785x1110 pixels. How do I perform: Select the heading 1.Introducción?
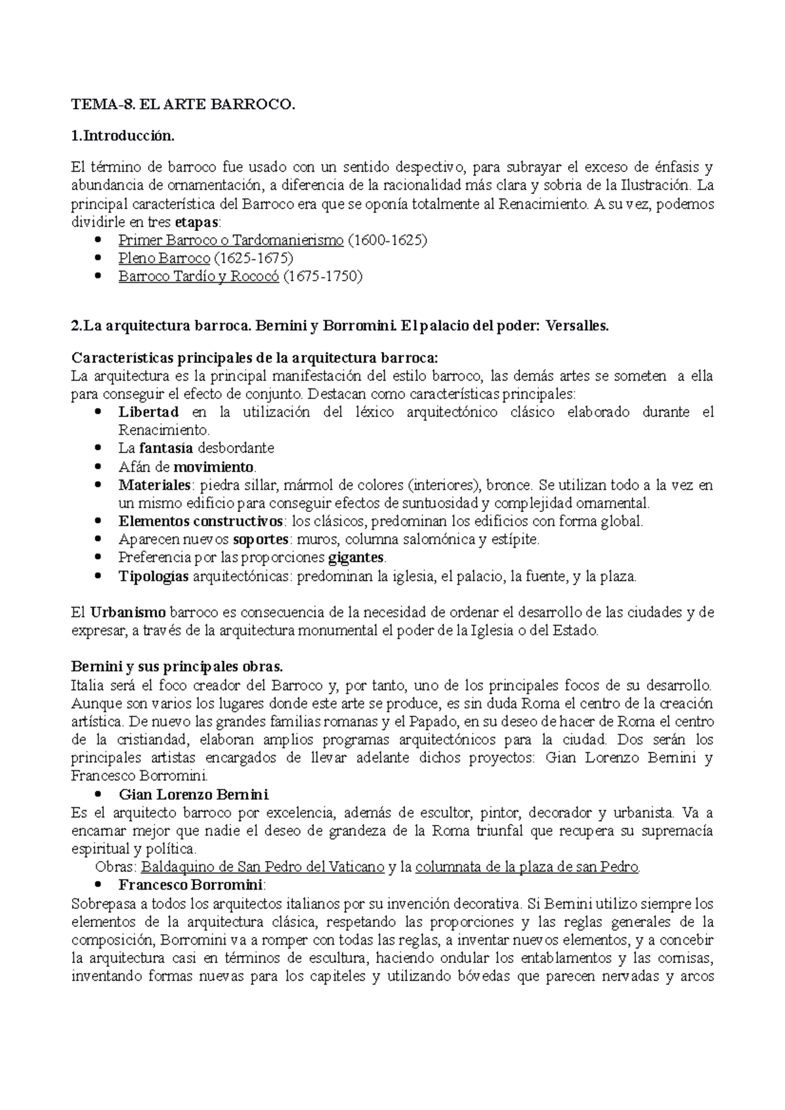pos(123,136)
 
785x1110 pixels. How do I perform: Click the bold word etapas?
pos(198,222)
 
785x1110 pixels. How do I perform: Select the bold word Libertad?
pos(148,412)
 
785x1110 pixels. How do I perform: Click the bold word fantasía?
pos(166,448)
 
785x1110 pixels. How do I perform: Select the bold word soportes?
pos(260,540)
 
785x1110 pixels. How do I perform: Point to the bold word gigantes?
pos(356,558)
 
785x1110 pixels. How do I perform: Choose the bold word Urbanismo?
pos(128,613)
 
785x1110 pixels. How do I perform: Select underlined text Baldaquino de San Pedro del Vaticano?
pos(262,867)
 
